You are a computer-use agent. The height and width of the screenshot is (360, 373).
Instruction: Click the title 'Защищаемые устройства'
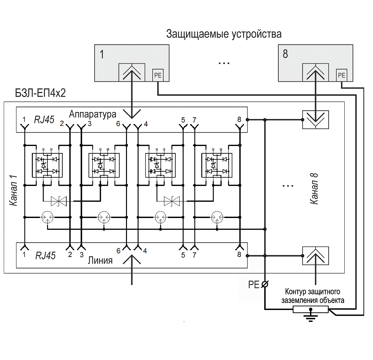tap(224, 34)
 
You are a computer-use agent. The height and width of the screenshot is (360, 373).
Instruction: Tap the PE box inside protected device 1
tap(158, 75)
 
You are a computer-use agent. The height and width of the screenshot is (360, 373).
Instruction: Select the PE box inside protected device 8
tap(342, 75)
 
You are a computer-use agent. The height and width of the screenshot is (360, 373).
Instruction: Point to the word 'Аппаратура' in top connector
tap(93, 114)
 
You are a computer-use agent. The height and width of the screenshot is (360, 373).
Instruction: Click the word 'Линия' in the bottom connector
tap(100, 261)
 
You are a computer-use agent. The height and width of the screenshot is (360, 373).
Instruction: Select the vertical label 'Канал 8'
tap(314, 189)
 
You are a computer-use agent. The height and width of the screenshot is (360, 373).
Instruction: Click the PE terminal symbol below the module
tap(265, 284)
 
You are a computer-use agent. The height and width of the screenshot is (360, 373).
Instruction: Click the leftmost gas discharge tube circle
tap(48, 217)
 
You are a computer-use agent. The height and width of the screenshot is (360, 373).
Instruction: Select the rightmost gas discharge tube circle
tap(217, 217)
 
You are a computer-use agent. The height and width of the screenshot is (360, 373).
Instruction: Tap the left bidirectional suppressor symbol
tap(59, 201)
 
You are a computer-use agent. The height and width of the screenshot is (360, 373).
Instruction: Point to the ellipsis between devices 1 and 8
tap(224, 62)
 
